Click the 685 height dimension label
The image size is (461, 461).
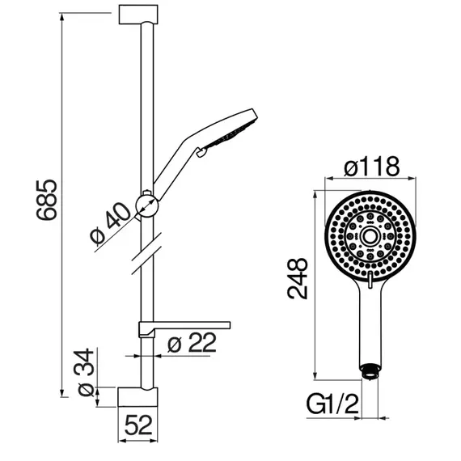pos(47,200)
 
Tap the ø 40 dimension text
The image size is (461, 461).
pos(110,223)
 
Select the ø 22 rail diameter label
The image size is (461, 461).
pos(192,343)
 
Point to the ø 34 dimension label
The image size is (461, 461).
pos(86,372)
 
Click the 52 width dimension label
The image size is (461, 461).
pos(138,425)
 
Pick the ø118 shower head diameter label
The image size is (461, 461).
pos(372,167)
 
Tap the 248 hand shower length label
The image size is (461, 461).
pos(298,278)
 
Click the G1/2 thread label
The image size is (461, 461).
pos(332,404)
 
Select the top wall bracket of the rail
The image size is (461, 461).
pos(138,15)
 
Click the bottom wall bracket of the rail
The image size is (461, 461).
pos(137,397)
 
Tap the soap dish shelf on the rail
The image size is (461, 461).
pos(184,328)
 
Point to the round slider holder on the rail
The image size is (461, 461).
pos(147,205)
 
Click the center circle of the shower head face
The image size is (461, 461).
pos(370,236)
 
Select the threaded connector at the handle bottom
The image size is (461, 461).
pos(370,371)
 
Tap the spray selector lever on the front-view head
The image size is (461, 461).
pos(370,280)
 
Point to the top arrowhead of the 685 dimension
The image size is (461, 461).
pos(62,16)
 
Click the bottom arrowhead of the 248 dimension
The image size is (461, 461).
pos(315,376)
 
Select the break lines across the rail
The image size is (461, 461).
pos(146,254)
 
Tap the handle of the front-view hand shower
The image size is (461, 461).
pos(370,324)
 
